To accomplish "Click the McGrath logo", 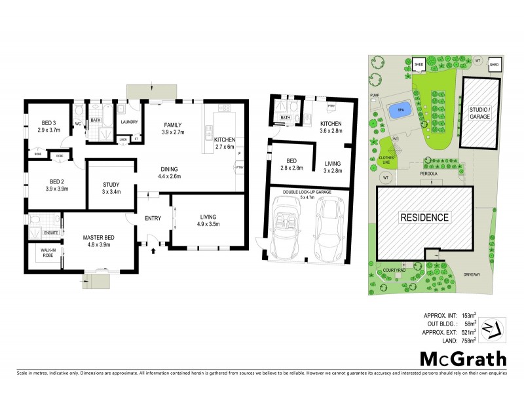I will pos(462,359).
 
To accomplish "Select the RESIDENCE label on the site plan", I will pos(425,217).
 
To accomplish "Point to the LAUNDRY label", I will pos(128,121).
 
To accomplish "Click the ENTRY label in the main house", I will pos(152,219).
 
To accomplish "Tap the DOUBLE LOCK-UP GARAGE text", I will pos(307,191).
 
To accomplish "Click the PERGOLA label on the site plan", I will pos(428,174).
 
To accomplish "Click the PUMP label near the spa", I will pos(375,96).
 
